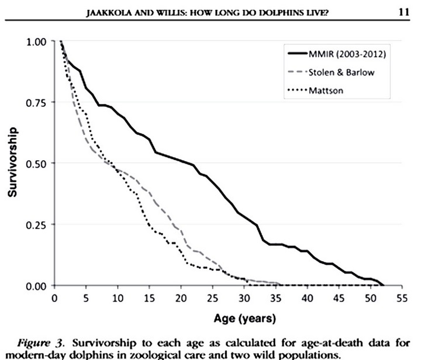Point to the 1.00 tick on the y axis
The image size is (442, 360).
click(37, 42)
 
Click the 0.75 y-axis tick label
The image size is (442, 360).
click(37, 103)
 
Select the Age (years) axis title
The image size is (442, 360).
click(227, 319)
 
